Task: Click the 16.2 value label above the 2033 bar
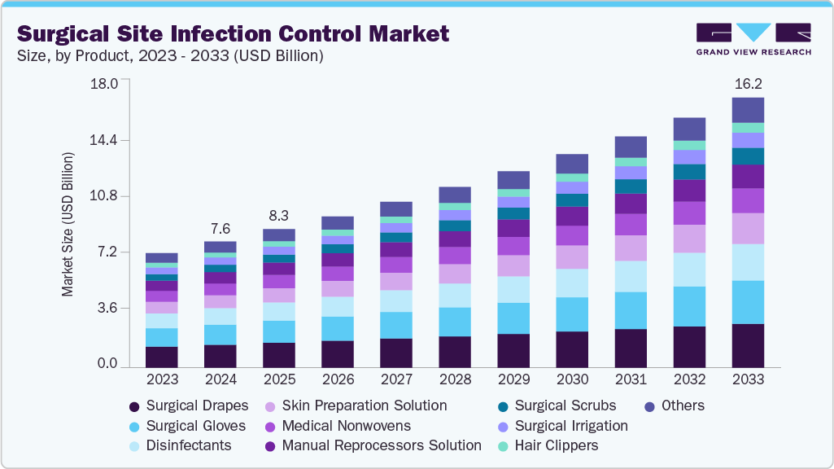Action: click(747, 83)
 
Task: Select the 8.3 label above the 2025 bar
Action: click(278, 216)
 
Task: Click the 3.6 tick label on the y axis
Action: click(107, 308)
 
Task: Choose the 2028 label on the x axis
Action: click(455, 379)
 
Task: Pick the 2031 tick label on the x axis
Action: click(631, 379)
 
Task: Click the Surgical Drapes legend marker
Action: click(135, 405)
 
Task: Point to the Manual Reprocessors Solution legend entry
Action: click(381, 445)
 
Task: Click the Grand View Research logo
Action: click(753, 39)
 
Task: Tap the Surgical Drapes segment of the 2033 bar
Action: click(748, 346)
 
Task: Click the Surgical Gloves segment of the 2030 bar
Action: click(572, 314)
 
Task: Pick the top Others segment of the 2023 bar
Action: click(162, 257)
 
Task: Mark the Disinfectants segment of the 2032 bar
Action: click(689, 270)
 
